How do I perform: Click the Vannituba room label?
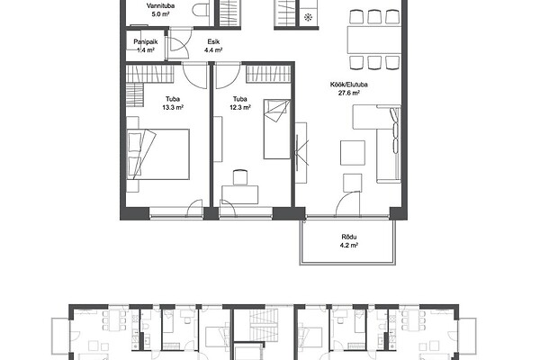tap(160, 6)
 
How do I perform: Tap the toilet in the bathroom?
tap(201, 10)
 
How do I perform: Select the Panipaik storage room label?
tap(146, 42)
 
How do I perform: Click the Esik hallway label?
tap(213, 42)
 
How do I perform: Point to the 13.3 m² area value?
tap(173, 107)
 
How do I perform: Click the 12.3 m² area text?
tap(240, 107)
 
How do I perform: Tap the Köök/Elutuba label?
tap(349, 85)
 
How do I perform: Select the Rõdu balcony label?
tap(349, 237)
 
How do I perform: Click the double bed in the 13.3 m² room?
tap(158, 154)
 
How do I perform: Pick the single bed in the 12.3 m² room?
tap(277, 130)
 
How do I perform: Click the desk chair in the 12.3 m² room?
tap(240, 177)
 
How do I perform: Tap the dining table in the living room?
tap(374, 40)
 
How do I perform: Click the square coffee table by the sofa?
tap(353, 153)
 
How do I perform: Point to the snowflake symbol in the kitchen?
tap(308, 17)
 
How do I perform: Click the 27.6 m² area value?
tap(349, 93)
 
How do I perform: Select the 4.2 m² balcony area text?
tap(349, 246)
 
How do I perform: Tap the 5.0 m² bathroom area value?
tap(160, 14)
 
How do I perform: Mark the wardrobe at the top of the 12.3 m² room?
tap(268, 74)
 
